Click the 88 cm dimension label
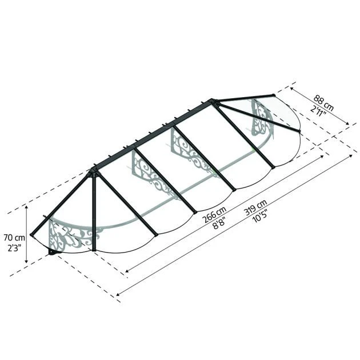pyautogui.click(x=323, y=103)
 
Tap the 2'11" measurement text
pyautogui.click(x=318, y=111)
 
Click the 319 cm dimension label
pyautogui.click(x=255, y=207)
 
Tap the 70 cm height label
pyautogui.click(x=14, y=237)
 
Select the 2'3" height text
pyautogui.click(x=14, y=248)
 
